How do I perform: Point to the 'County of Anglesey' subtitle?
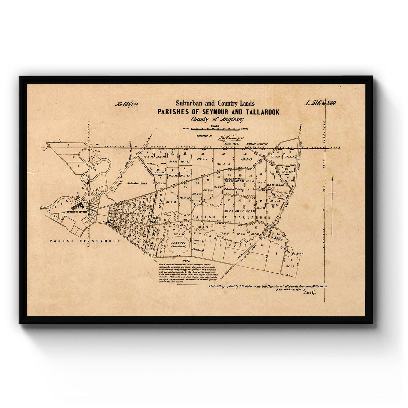[x=217, y=119]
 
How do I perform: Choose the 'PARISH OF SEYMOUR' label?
[x=85, y=241]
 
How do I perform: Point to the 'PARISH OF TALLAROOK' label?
[x=231, y=217]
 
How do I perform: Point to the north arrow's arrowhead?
[x=332, y=178]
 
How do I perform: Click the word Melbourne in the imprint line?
[x=318, y=287]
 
